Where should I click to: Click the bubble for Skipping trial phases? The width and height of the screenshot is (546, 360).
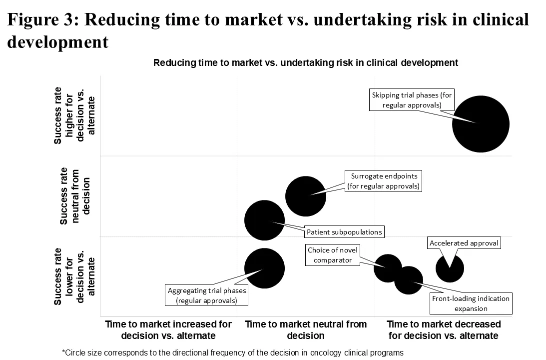pyautogui.click(x=481, y=124)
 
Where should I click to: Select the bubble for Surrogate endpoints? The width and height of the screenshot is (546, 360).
pyautogui.click(x=306, y=196)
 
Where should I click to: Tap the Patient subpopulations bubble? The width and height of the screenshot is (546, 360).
pyautogui.click(x=264, y=220)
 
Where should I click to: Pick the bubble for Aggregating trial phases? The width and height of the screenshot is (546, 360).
pyautogui.click(x=264, y=268)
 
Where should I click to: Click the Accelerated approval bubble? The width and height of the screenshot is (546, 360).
pyautogui.click(x=450, y=268)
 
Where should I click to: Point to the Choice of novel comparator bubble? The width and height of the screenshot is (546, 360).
pyautogui.click(x=388, y=268)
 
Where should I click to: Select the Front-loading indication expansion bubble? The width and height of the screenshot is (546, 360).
pyautogui.click(x=409, y=280)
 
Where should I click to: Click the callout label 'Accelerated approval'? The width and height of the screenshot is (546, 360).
pyautogui.click(x=464, y=243)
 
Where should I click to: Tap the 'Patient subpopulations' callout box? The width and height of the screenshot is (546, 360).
pyautogui.click(x=344, y=232)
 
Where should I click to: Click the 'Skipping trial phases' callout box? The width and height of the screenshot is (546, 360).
pyautogui.click(x=412, y=100)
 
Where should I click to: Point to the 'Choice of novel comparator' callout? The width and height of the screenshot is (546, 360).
pyautogui.click(x=333, y=255)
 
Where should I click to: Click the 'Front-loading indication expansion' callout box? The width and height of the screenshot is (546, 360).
pyautogui.click(x=471, y=303)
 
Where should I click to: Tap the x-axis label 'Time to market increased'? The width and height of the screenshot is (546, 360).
pyautogui.click(x=168, y=329)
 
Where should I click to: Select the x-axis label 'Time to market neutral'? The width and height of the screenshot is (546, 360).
pyautogui.click(x=306, y=329)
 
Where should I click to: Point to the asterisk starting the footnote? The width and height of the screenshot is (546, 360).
pyautogui.click(x=63, y=352)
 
